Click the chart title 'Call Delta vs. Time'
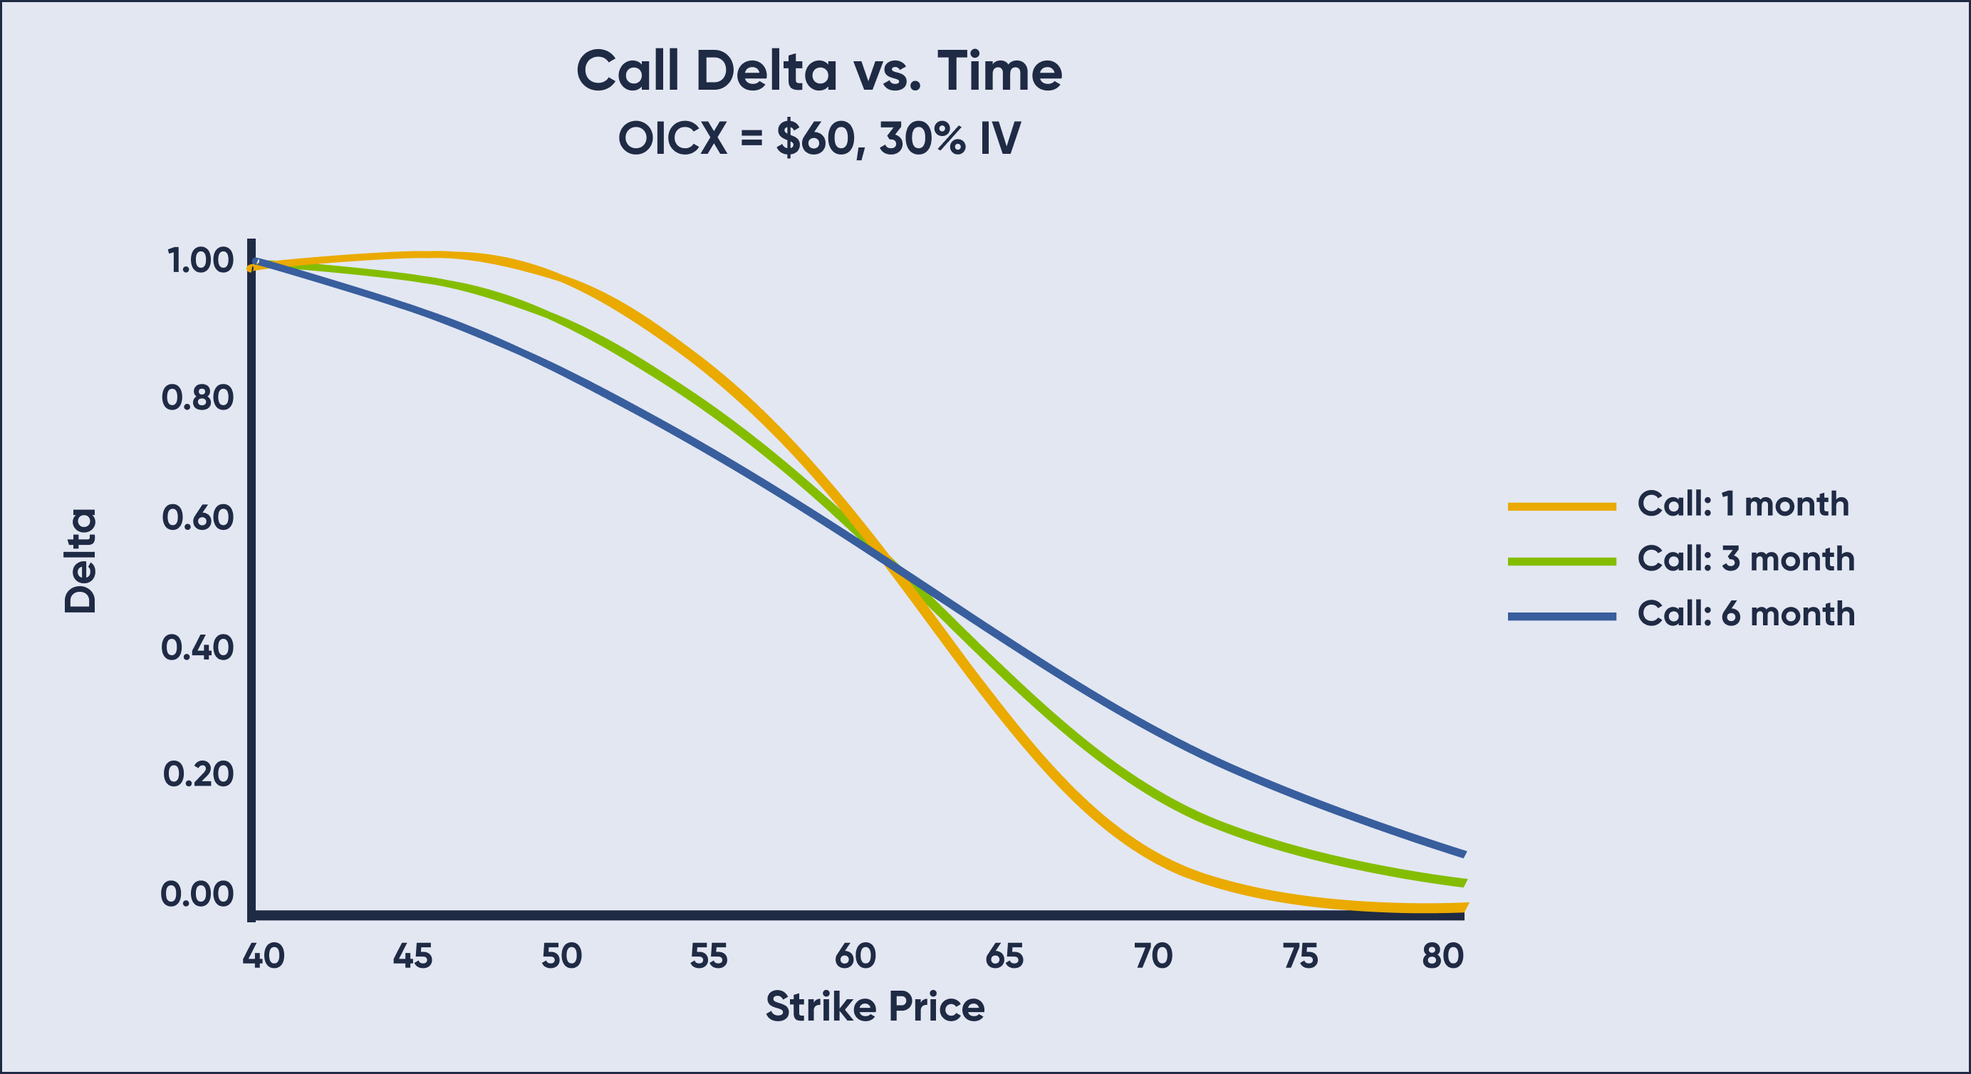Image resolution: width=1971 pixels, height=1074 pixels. point(818,71)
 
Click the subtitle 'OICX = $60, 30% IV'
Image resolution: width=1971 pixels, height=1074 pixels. point(818,138)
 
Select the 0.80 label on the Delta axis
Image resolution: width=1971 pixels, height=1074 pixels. point(197,398)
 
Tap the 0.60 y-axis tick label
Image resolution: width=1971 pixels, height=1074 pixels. point(197,518)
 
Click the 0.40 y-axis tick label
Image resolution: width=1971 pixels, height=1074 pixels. point(197,648)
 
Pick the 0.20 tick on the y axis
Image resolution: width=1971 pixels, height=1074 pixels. point(197,774)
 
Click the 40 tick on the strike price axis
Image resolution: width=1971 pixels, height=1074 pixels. point(264,956)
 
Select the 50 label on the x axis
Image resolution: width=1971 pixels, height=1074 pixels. point(561,956)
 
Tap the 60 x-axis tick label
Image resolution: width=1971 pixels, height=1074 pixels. point(855,956)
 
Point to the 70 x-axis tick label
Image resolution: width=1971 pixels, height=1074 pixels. point(1153,956)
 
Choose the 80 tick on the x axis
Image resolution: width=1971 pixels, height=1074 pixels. point(1443,956)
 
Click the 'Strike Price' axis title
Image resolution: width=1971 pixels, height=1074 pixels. point(875,1006)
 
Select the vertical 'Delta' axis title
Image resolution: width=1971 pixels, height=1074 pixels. point(80,561)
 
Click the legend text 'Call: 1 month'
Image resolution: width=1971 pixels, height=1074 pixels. point(1742,504)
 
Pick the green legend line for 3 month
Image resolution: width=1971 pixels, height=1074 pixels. point(1561,561)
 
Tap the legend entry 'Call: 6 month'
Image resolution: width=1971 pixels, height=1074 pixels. point(1745,614)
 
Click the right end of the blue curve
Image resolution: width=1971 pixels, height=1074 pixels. point(1462,854)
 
